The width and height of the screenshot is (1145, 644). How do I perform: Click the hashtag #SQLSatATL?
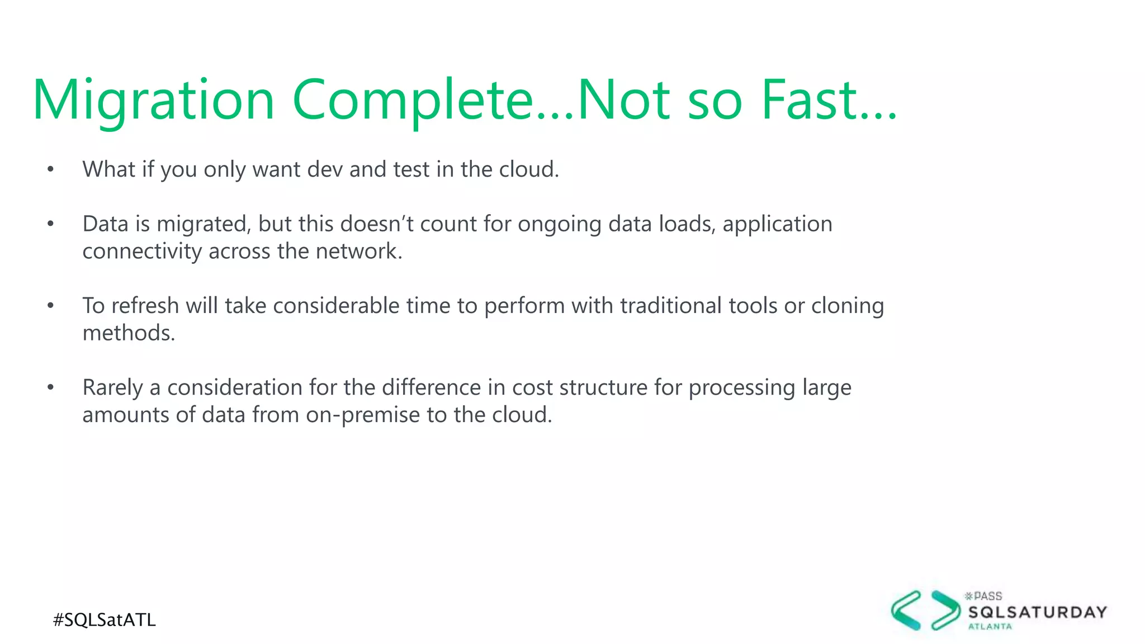point(104,620)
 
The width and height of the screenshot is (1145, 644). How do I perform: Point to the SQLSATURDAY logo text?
point(1037,612)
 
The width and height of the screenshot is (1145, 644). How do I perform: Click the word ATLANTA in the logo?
point(990,627)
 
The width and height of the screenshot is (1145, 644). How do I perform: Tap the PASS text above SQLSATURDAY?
point(987,596)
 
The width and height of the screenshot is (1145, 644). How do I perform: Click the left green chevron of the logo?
point(906,610)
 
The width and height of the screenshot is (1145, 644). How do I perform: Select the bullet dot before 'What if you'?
point(50,169)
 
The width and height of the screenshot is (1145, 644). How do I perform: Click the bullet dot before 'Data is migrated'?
point(50,224)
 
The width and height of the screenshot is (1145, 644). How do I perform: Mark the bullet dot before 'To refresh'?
point(50,305)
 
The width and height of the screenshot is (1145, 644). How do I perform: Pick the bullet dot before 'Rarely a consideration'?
point(50,387)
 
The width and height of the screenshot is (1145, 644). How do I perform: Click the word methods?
point(128,333)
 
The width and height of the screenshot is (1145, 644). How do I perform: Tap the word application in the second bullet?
point(777,224)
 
